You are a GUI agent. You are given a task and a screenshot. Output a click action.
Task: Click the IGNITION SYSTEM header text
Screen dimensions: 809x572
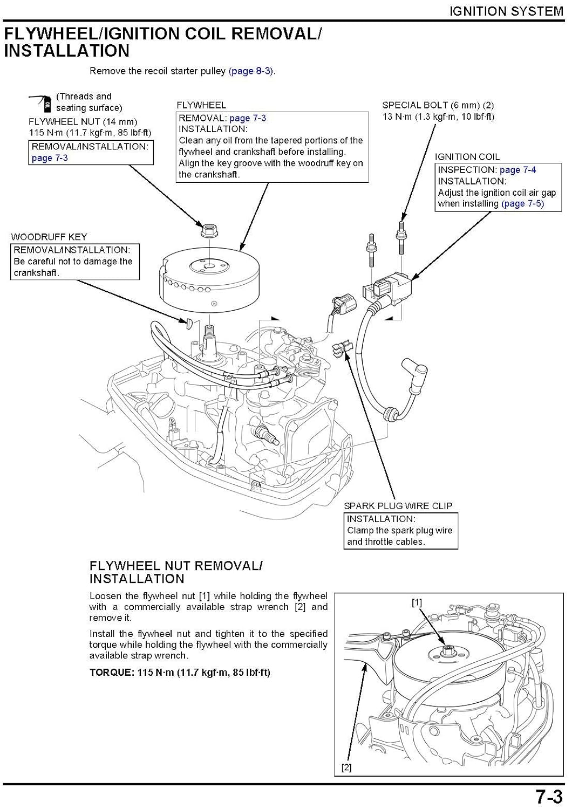point(506,11)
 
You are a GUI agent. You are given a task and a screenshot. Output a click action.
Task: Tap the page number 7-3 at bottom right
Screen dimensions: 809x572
point(548,796)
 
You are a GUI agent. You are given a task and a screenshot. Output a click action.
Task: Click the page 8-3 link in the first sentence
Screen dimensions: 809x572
point(251,71)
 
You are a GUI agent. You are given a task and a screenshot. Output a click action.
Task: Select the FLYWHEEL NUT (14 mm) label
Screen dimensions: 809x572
point(83,121)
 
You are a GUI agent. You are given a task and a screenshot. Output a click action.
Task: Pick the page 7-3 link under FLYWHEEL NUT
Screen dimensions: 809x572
point(50,158)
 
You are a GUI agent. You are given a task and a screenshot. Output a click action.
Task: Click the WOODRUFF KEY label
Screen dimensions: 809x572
point(49,237)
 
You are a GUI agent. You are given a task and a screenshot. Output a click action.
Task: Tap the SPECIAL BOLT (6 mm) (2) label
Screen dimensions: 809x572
point(438,105)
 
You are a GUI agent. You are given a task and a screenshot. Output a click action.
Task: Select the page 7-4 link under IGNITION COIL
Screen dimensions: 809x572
point(517,170)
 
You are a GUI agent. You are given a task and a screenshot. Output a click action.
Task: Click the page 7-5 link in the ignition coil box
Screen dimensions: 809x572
point(522,203)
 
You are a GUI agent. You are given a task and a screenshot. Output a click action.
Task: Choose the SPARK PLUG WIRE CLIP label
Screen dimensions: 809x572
point(398,506)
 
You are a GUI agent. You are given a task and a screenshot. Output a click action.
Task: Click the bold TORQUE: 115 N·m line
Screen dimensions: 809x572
point(180,672)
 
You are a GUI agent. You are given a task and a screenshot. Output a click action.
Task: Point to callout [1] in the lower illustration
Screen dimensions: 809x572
point(417,602)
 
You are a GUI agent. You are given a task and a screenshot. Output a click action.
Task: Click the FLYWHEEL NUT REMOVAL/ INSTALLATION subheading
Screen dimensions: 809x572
point(175,572)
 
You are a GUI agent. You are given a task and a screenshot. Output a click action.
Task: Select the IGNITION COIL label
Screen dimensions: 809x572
point(467,157)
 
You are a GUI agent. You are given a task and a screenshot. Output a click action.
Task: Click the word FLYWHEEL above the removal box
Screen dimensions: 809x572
point(201,105)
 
